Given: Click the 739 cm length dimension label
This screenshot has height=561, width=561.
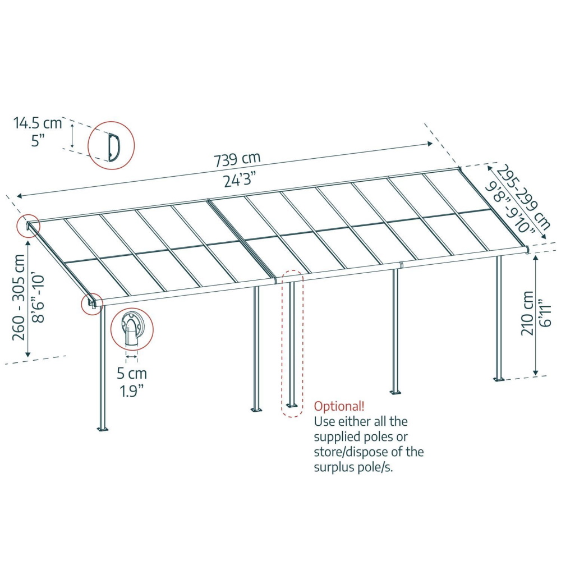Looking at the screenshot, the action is tap(237, 159).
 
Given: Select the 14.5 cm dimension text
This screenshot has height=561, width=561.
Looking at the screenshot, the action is tap(38, 123).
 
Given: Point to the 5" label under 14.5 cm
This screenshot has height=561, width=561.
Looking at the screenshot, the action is tap(37, 140).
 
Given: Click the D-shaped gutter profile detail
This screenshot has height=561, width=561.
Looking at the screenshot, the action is tap(114, 146).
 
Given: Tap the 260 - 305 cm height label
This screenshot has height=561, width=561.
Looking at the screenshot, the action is tap(19, 298).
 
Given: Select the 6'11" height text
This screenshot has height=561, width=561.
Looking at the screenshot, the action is tap(545, 312).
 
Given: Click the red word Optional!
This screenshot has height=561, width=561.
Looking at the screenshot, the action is tap(339, 406).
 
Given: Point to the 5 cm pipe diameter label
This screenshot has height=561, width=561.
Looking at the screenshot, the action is tap(132, 374).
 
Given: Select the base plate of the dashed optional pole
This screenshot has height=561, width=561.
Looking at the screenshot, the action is tap(292, 406).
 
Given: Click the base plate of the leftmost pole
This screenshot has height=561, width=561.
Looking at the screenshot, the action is tap(103, 428).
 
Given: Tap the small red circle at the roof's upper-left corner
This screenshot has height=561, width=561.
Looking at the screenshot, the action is tap(29, 226).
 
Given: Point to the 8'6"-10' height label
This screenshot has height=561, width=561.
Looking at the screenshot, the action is tap(38, 299).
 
